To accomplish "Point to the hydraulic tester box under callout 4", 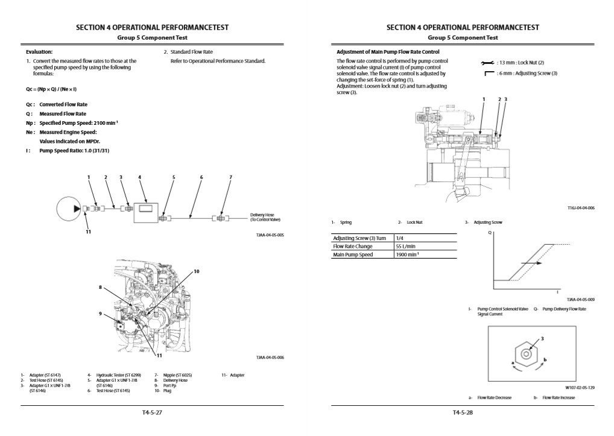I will (x=147, y=209).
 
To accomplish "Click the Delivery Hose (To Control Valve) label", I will (x=266, y=216).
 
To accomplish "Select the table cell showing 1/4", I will (x=400, y=238).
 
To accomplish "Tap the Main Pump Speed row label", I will (x=353, y=254).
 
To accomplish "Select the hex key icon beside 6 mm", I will (x=489, y=74).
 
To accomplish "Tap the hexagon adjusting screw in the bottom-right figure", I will (x=526, y=355).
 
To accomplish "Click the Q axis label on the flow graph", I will (x=489, y=232).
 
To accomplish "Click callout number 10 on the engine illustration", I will (x=197, y=271).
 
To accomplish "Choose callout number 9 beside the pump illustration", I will (x=100, y=314).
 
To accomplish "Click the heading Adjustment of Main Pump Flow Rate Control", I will (x=387, y=52).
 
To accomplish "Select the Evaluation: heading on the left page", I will (x=39, y=52).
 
